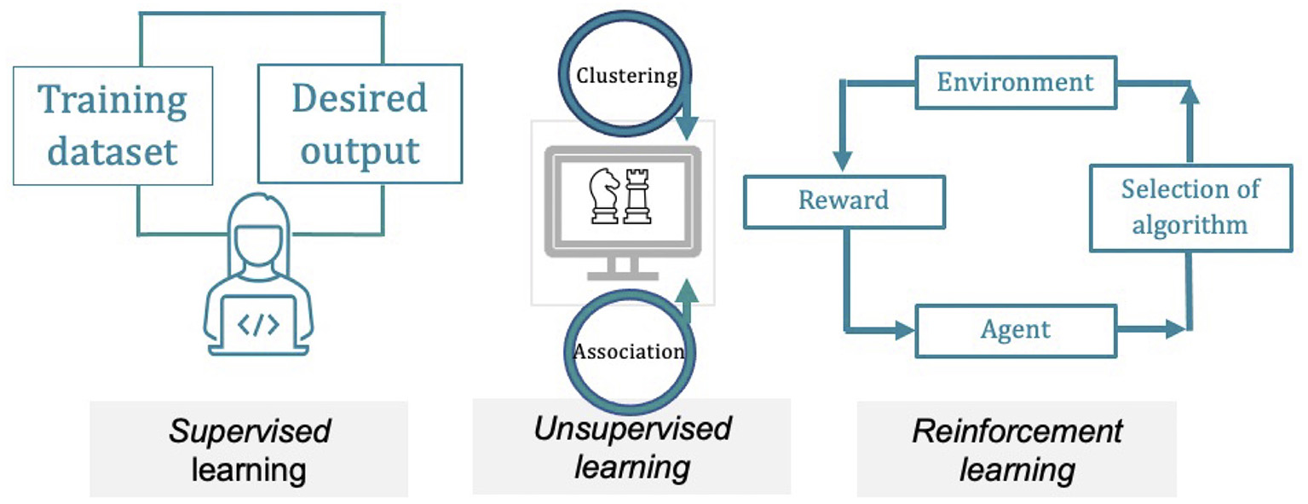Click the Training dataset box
pos(112,125)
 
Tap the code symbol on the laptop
pos(257,324)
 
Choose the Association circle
pos(628,351)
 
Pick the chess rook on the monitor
pos(636,196)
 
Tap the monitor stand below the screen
pos(622,268)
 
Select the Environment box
pos(1015,83)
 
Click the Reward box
pos(844,201)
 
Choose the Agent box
pos(1015,331)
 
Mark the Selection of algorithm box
pos(1190,207)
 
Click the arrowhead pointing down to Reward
pos(843,160)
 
